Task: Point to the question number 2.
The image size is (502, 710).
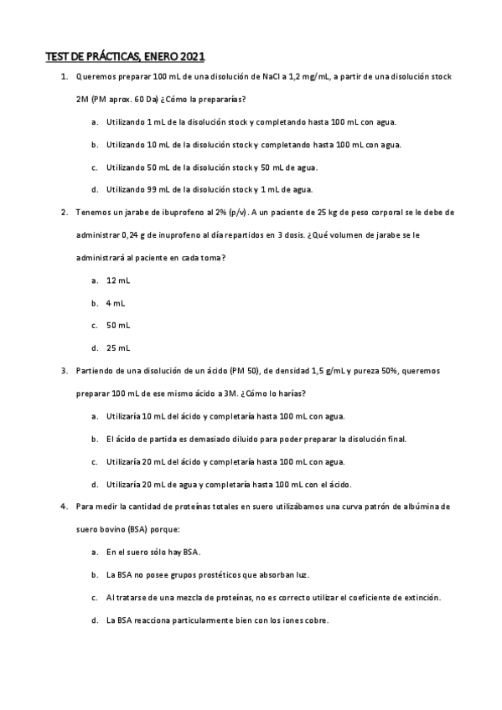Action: click(65, 213)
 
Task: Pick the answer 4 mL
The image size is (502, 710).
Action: click(116, 302)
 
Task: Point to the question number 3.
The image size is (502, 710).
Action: click(65, 370)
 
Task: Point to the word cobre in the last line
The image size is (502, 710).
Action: click(315, 620)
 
